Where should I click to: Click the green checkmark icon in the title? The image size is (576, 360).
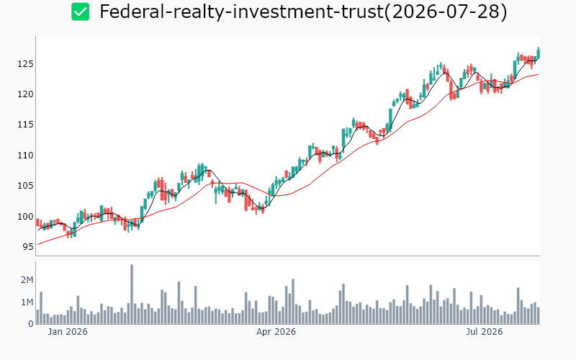80,12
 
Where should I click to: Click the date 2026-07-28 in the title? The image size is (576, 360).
446,12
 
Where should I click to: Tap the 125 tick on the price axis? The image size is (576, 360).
25,64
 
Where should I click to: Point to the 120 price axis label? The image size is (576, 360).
25,94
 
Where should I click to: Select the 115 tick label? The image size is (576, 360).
25,125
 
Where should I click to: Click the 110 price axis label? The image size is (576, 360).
25,156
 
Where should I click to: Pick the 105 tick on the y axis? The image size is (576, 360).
25,186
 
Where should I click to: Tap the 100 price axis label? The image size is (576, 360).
25,217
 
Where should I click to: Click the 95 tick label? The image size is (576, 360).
27,247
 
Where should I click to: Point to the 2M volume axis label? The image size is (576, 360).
27,280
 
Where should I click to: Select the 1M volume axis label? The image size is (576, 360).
27,302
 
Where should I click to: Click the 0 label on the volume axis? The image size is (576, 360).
31,324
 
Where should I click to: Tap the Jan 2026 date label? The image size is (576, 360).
68,332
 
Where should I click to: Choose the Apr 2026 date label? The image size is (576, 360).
276,332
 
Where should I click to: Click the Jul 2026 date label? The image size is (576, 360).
484,332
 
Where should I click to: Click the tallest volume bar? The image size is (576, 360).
132,294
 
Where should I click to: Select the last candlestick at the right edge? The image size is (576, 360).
539,53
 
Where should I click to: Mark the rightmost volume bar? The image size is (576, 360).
539,315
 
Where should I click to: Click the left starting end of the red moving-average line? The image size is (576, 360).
38,245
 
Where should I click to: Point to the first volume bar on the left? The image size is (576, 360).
37,317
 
